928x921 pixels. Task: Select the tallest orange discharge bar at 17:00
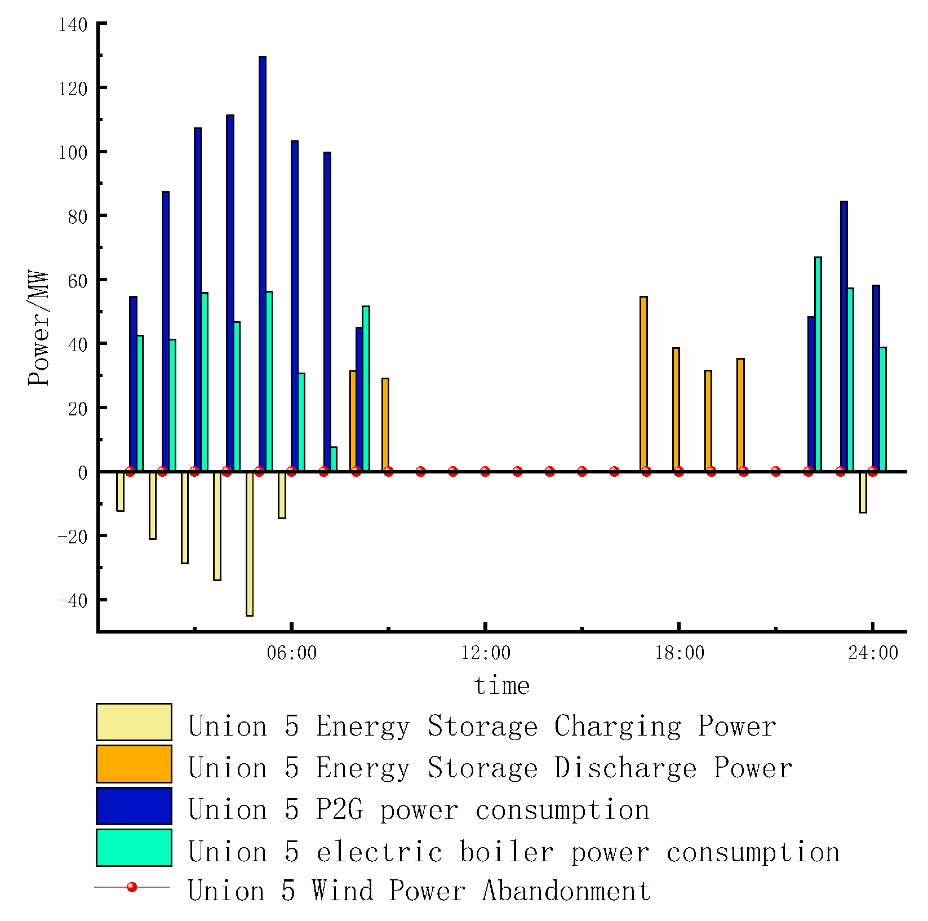click(x=643, y=384)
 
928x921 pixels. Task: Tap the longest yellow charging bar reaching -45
click(x=249, y=543)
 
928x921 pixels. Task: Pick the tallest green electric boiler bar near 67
click(x=818, y=364)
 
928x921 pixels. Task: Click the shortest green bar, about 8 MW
click(x=334, y=459)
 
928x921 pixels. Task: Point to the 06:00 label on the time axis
click(x=291, y=653)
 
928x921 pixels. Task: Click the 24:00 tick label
click(x=873, y=653)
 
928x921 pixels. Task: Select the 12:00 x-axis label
click(x=485, y=653)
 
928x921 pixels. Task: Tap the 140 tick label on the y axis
click(x=73, y=25)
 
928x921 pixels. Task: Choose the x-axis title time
click(x=501, y=686)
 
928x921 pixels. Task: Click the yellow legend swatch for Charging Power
click(x=134, y=721)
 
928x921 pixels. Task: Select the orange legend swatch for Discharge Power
click(x=134, y=764)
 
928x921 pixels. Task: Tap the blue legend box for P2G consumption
click(x=134, y=805)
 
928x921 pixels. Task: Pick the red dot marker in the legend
click(x=132, y=887)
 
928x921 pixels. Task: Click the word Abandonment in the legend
click(x=566, y=891)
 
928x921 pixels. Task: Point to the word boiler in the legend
click(x=507, y=851)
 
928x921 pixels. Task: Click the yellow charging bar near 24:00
click(x=863, y=492)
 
